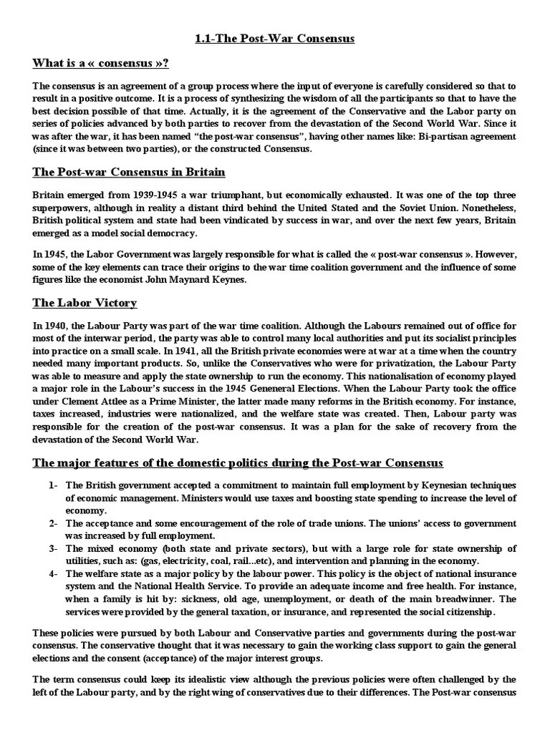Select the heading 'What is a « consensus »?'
101,63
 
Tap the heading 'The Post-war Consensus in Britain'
129,173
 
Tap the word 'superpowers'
61,207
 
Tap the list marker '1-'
54,485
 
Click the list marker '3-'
54,548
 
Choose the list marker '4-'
54,573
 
